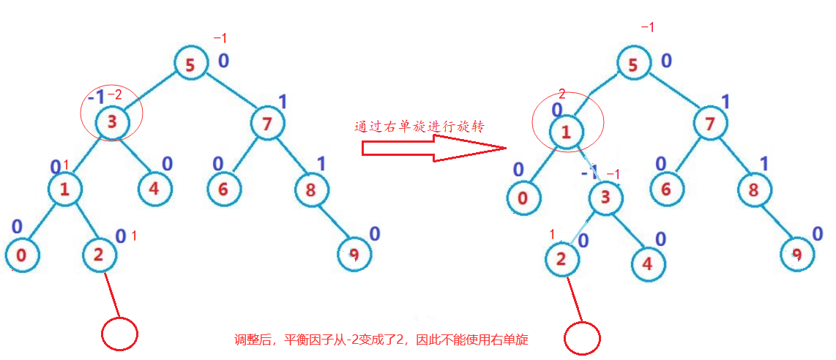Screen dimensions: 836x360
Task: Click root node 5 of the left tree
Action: [x=190, y=65]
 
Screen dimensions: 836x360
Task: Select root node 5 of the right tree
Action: [x=633, y=64]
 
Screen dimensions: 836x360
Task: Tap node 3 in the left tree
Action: [x=112, y=122]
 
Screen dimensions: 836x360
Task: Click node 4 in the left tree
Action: [x=154, y=188]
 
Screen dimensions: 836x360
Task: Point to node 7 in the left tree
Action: [x=267, y=124]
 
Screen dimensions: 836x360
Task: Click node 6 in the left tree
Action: [x=223, y=188]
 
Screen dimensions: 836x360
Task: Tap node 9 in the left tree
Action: [x=354, y=255]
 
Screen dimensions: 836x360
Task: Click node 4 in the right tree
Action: [x=647, y=263]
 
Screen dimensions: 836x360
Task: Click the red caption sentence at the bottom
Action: [x=381, y=340]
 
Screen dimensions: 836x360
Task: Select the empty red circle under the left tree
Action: [x=119, y=334]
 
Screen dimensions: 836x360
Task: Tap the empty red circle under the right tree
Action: [x=583, y=338]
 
